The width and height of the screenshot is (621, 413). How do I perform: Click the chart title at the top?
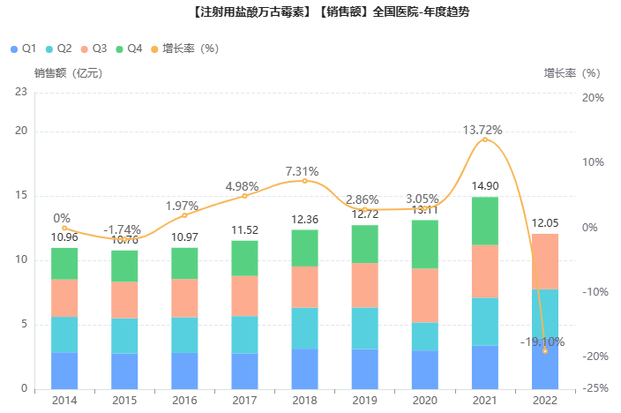[310, 13]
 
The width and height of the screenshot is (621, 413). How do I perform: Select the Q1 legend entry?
[24, 48]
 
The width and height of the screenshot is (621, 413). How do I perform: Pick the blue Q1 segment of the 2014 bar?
[64, 371]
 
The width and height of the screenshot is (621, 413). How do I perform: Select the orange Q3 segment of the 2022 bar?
[544, 261]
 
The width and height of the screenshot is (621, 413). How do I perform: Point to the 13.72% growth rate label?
[483, 130]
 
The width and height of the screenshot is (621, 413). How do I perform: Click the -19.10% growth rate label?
[542, 342]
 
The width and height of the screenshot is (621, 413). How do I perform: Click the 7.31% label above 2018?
[302, 171]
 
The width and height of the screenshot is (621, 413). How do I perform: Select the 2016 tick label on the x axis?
[184, 401]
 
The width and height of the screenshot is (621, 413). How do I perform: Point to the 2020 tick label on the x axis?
[424, 401]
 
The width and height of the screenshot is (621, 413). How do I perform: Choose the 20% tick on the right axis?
[594, 97]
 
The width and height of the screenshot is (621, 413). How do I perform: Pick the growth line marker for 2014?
[64, 228]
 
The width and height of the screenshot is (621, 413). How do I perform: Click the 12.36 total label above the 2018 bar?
[304, 219]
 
